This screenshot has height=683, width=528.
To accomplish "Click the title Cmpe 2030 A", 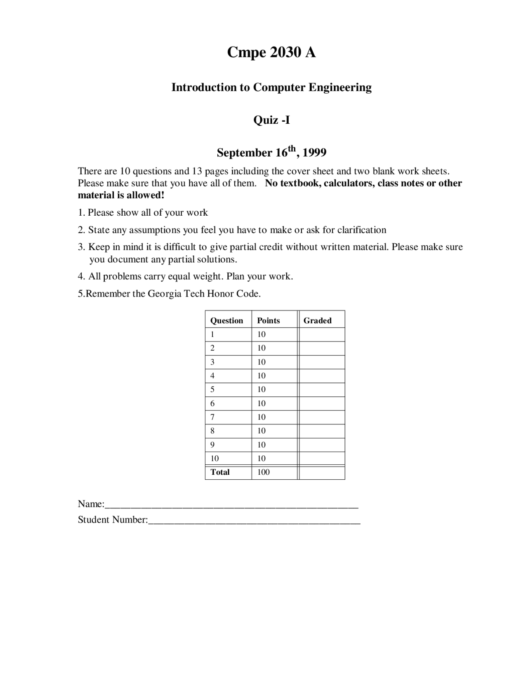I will pyautogui.click(x=271, y=52).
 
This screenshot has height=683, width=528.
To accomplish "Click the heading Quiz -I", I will pyautogui.click(x=271, y=120).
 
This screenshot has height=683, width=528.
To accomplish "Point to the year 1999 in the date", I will pyautogui.click(x=314, y=153).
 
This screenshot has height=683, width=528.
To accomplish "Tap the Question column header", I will pyautogui.click(x=226, y=320).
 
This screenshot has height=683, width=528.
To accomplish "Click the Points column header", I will pyautogui.click(x=268, y=320).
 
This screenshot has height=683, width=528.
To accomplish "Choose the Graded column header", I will pyautogui.click(x=317, y=320).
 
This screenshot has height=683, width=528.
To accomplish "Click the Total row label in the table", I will pyautogui.click(x=220, y=472).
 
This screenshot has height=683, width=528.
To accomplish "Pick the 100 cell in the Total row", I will pyautogui.click(x=263, y=472).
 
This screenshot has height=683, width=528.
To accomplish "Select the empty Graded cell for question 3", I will pyautogui.click(x=322, y=362).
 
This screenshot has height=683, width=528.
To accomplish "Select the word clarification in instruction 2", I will pyautogui.click(x=361, y=230).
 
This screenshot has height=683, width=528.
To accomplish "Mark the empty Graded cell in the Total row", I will pyautogui.click(x=322, y=472).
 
